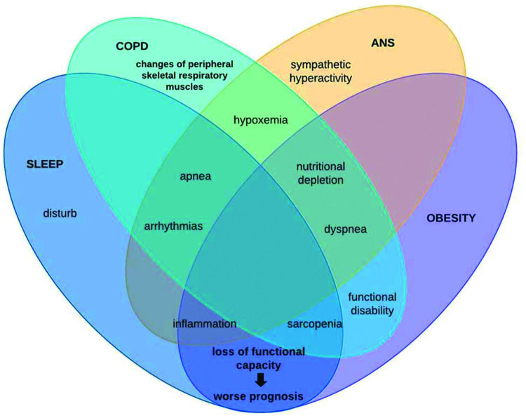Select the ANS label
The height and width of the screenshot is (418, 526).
(x=383, y=42)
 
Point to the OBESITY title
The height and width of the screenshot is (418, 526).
(x=451, y=218)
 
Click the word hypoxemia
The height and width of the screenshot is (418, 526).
(x=260, y=120)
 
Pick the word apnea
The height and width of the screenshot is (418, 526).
(x=196, y=177)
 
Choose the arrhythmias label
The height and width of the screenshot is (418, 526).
(x=173, y=227)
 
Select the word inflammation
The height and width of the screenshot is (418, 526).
(x=204, y=324)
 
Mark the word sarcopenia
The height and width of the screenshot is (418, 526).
(x=315, y=324)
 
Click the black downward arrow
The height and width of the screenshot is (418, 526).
(x=260, y=379)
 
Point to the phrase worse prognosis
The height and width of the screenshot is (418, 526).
(x=259, y=398)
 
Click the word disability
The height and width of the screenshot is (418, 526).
(x=372, y=310)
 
